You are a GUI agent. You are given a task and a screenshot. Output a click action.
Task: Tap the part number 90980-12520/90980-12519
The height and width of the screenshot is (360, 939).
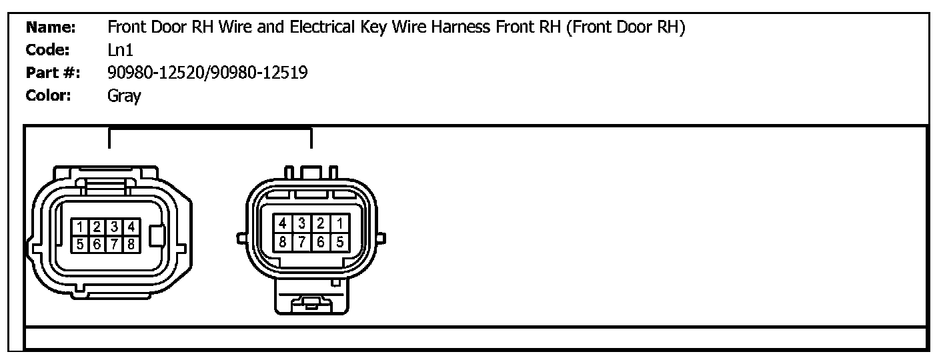coord(207,73)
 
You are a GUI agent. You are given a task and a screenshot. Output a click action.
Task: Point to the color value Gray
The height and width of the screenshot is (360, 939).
coord(124,95)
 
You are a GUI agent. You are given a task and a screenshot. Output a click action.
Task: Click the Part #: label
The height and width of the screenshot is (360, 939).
coord(52,73)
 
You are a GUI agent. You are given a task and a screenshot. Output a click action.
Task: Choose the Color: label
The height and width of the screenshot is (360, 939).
coord(48,95)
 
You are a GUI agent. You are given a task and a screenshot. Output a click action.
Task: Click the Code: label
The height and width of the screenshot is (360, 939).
coord(48,50)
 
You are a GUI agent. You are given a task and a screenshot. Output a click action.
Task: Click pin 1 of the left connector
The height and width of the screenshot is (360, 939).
coord(79,227)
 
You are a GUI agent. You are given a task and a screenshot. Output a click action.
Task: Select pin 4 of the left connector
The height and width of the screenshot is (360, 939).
coord(131,227)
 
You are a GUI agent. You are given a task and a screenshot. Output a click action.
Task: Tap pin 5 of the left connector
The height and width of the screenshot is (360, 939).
coord(79,244)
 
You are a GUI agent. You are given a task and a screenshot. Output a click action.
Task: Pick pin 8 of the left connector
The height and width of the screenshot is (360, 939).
coord(131,244)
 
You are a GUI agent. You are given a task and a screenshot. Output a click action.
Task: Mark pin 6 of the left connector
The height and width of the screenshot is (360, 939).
coord(97,244)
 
